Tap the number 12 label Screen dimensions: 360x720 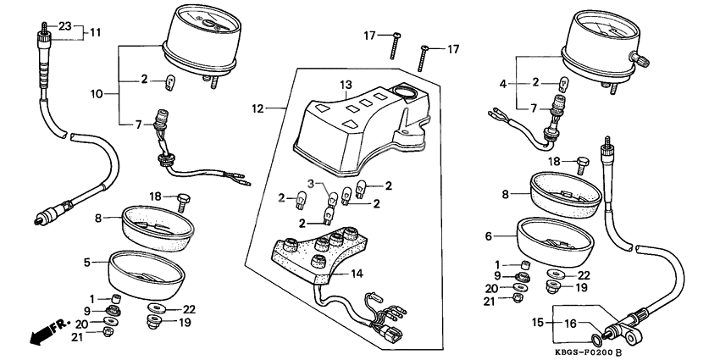(x=259, y=108)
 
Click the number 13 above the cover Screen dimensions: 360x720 (x=345, y=85)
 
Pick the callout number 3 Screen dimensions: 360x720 (x=311, y=184)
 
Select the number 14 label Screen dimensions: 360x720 (x=357, y=274)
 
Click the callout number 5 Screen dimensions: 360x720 (x=87, y=263)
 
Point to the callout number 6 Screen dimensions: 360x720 (x=489, y=236)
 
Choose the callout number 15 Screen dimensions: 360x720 (x=537, y=323)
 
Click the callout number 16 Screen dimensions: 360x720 (x=571, y=323)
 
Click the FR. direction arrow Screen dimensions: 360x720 (x=44, y=332)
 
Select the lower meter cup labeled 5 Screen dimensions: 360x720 (x=146, y=275)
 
